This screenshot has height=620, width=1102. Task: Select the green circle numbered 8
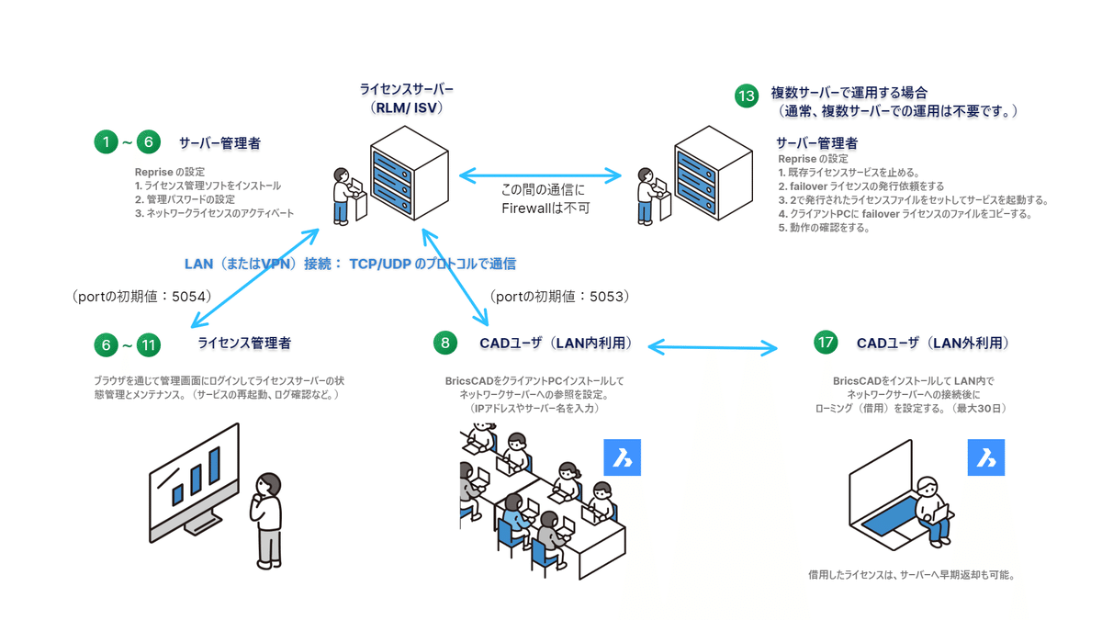[445, 343]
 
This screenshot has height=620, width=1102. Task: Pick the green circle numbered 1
[107, 142]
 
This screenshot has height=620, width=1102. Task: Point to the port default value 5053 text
[559, 297]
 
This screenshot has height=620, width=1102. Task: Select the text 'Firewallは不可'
[545, 209]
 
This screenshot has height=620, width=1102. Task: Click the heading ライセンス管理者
[244, 344]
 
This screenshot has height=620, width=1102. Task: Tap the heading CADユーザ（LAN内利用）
[556, 344]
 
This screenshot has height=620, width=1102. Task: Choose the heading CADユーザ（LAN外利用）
[933, 343]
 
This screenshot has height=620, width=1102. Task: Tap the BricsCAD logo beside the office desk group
[622, 457]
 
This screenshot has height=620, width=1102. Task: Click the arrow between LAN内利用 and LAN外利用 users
[713, 347]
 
